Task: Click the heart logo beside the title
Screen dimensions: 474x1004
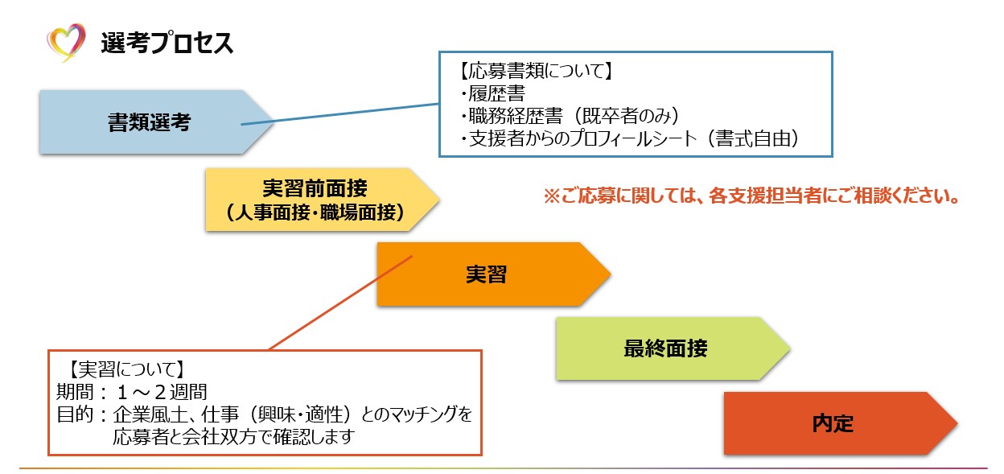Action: (x=66, y=42)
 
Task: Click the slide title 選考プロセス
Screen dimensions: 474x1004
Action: (x=167, y=43)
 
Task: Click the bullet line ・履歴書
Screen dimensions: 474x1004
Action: (x=492, y=93)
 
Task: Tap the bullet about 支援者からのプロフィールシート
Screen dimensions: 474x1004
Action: (x=632, y=139)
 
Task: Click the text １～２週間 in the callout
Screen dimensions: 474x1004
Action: (x=162, y=393)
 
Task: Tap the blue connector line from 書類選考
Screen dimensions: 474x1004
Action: (x=338, y=114)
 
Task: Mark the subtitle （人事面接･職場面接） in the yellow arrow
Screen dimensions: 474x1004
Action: (x=315, y=212)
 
